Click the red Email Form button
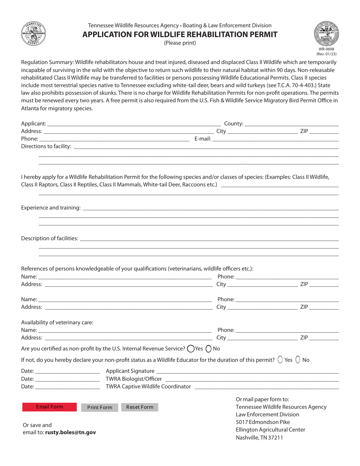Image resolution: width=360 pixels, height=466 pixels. pyautogui.click(x=49, y=407)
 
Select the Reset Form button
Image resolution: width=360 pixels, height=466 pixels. pyautogui.click(x=139, y=407)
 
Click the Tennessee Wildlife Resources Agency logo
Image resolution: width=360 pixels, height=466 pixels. pyautogui.click(x=33, y=34)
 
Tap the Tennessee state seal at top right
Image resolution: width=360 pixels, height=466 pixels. pyautogui.click(x=326, y=33)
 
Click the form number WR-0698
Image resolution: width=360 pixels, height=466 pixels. pyautogui.click(x=326, y=49)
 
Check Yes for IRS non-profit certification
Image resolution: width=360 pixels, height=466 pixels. pyautogui.click(x=191, y=349)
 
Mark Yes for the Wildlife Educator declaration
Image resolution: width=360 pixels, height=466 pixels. pyautogui.click(x=280, y=360)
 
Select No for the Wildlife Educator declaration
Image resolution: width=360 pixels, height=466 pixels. pyautogui.click(x=298, y=360)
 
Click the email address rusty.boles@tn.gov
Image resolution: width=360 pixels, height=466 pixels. pyautogui.click(x=70, y=432)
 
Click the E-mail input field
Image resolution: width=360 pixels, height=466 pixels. pyautogui.click(x=275, y=139)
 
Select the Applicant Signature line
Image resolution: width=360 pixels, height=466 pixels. pyautogui.click(x=247, y=371)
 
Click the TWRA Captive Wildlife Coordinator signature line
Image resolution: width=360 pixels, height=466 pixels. pyautogui.click(x=266, y=386)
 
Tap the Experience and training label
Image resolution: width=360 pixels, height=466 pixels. pyautogui.click(x=51, y=208)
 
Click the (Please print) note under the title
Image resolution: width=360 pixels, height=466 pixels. pyautogui.click(x=180, y=43)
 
